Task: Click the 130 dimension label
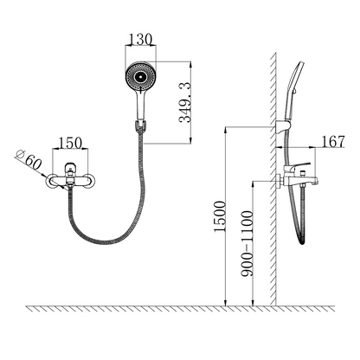pos(140,40)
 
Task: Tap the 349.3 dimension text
pos(185,102)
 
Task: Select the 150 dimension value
pos(70,143)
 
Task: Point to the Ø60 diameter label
pos(29,161)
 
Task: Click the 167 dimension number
pos(333,142)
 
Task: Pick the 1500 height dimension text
pos(219,216)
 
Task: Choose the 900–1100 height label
pos(247,244)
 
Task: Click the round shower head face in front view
pos(141,76)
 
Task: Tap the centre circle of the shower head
pos(140,77)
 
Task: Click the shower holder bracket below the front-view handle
pos(140,126)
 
